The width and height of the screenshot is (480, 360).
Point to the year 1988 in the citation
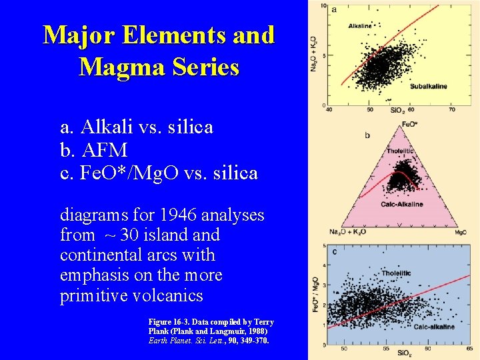click(x=255, y=331)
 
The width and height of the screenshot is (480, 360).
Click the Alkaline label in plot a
click(x=360, y=26)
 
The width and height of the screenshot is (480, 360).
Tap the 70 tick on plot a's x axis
click(x=452, y=109)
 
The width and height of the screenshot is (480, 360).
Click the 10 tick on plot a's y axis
click(x=323, y=7)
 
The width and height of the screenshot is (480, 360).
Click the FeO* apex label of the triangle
click(x=411, y=125)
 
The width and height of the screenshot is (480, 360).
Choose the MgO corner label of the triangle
click(x=460, y=233)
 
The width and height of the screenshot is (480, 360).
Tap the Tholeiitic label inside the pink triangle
click(x=401, y=151)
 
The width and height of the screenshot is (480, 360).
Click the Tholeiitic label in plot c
click(x=397, y=274)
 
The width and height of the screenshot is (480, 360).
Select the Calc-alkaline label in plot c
click(x=433, y=327)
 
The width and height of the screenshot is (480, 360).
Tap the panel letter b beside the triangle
click(x=367, y=135)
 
